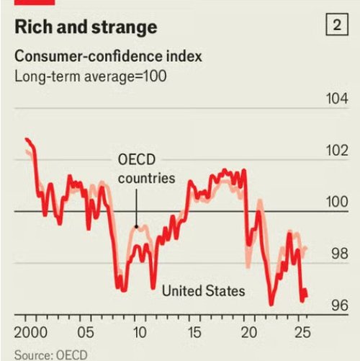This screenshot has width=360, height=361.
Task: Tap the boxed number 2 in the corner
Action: (336, 26)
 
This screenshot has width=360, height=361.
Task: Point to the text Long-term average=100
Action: (91, 74)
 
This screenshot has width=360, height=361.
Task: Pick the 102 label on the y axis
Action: (335, 151)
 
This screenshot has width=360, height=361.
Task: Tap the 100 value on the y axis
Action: (335, 202)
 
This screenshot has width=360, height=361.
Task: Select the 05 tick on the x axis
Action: (86, 334)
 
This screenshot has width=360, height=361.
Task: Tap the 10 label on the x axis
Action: (140, 334)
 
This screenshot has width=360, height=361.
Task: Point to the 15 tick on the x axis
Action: (194, 334)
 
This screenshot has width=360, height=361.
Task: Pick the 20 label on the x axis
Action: (249, 334)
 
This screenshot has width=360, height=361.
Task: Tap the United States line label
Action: (204, 291)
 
